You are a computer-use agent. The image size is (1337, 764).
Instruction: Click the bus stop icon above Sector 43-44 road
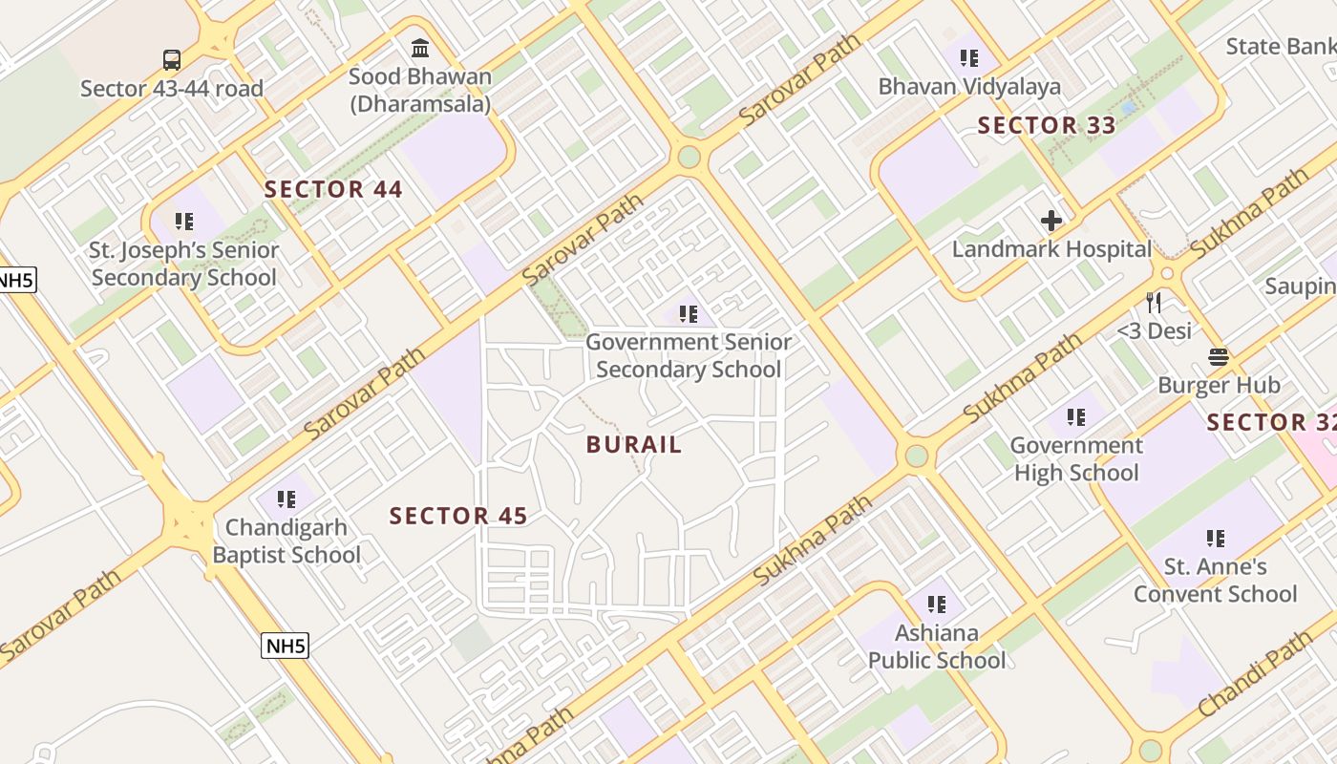tap(171, 60)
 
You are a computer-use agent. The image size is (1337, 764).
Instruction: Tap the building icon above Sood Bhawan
tap(419, 48)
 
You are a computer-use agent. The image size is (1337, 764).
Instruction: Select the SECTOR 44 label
tap(333, 189)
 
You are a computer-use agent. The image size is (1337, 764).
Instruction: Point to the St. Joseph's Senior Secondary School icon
tap(184, 222)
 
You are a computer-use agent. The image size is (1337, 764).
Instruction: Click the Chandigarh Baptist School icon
tap(286, 499)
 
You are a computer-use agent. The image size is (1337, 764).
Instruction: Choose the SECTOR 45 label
tap(458, 516)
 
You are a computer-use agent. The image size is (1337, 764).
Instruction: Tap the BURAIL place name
tap(634, 444)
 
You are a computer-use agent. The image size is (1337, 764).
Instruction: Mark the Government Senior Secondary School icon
tap(688, 313)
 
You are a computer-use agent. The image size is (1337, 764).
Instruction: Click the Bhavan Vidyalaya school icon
tap(969, 58)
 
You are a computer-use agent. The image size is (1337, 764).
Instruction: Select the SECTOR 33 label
tap(1047, 125)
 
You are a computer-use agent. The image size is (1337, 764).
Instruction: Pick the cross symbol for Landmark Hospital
tap(1051, 221)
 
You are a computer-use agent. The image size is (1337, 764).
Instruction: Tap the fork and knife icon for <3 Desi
tap(1155, 303)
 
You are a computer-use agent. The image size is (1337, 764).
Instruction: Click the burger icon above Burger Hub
tap(1218, 357)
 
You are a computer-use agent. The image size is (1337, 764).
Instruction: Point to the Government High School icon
tap(1076, 417)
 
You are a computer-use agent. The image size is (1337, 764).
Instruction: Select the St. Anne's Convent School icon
tap(1215, 539)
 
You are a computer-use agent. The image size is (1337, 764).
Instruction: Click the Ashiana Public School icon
tap(937, 604)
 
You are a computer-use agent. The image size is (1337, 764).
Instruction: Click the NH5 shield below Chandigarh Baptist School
tap(286, 646)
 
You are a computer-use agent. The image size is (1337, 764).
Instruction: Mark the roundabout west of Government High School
tap(917, 456)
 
